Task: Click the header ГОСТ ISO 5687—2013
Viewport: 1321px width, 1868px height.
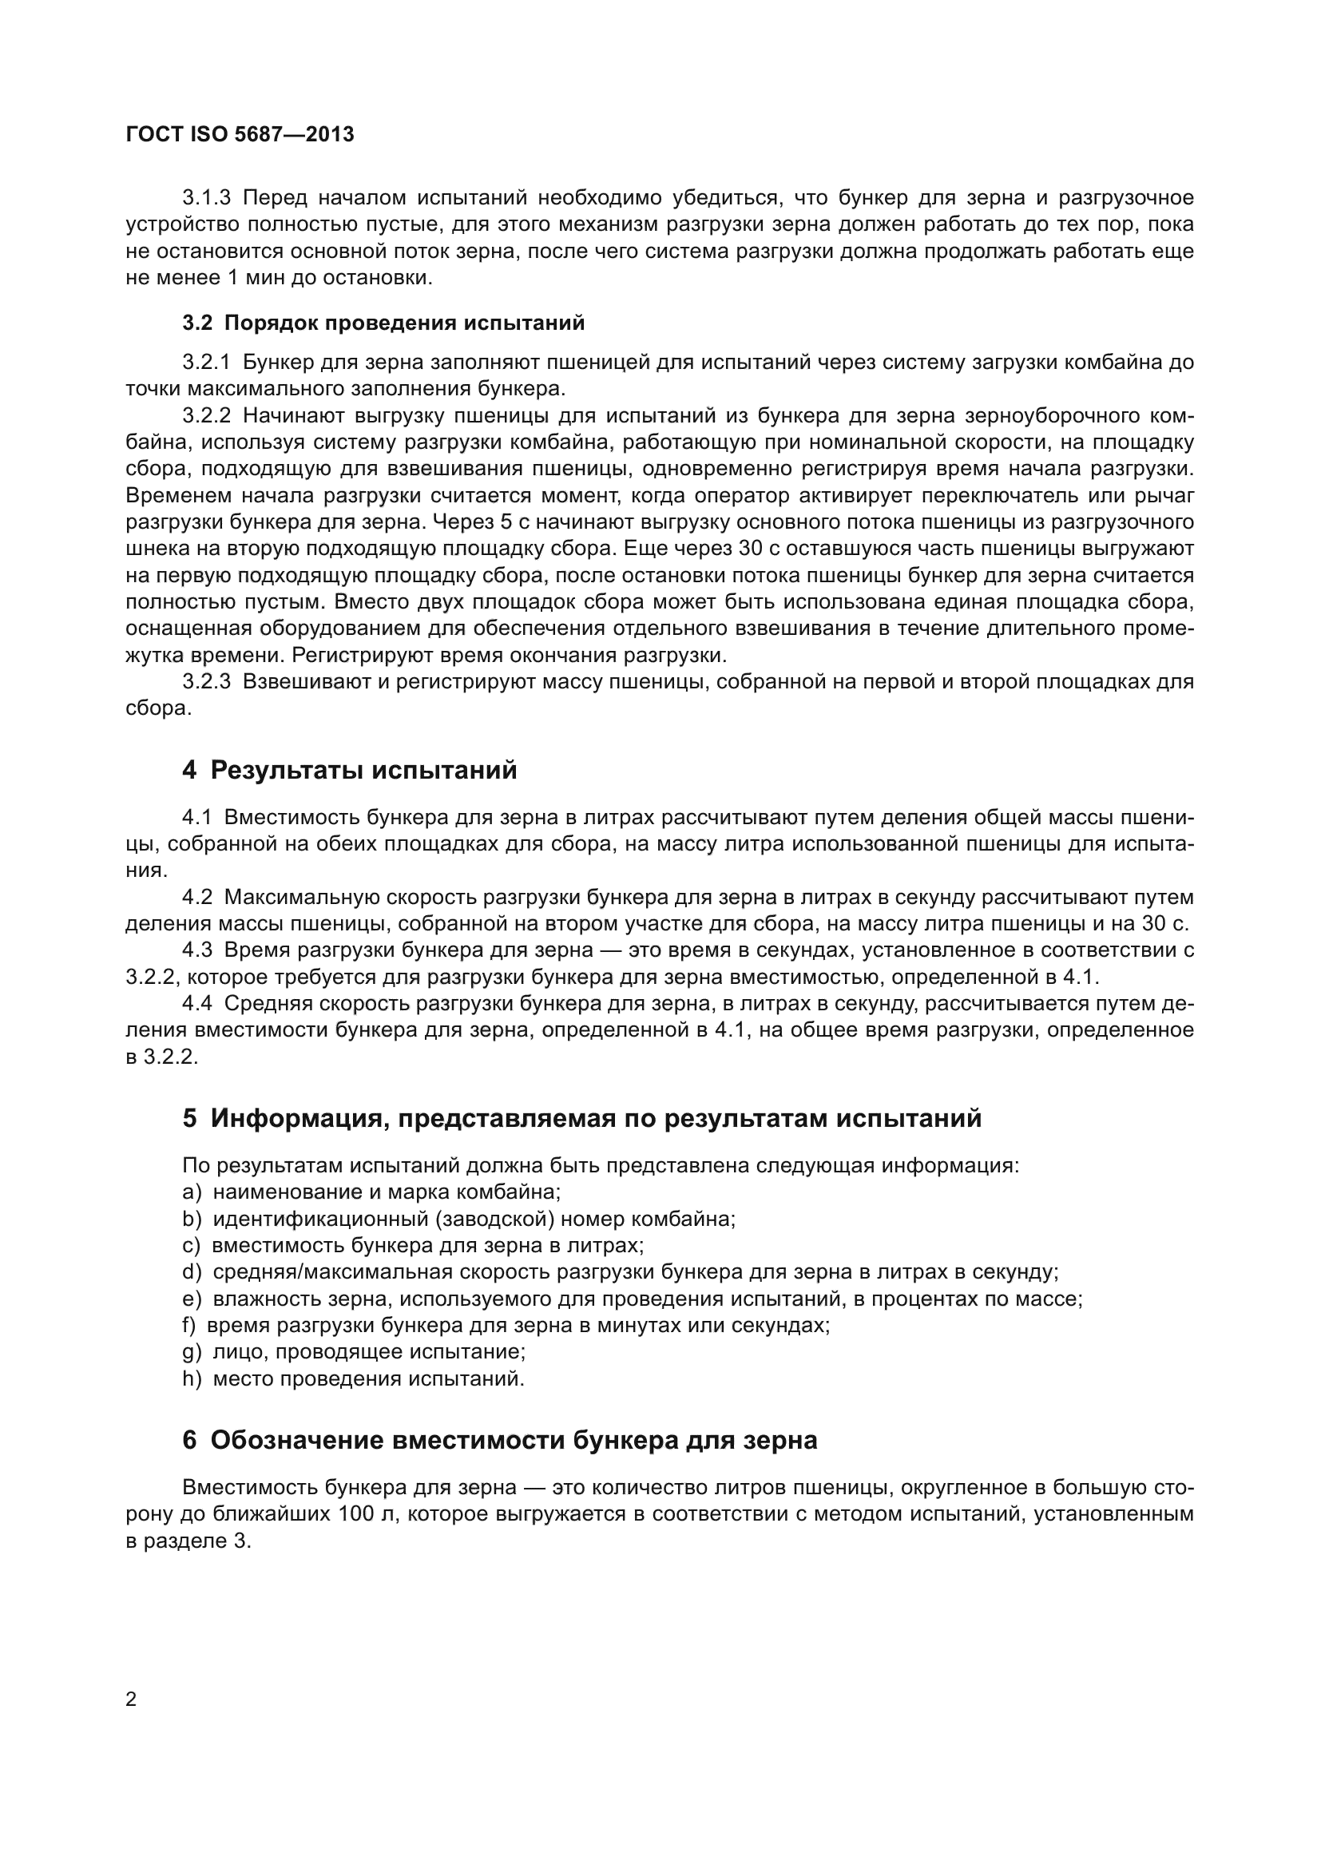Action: tap(240, 135)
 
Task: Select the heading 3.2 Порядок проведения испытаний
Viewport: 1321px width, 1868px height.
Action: tap(383, 323)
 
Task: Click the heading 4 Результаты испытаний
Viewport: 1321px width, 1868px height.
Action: tap(349, 770)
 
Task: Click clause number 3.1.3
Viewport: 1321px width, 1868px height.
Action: tap(207, 198)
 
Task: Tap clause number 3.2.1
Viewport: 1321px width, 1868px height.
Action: tap(207, 362)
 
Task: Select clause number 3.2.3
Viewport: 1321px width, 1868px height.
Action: tap(207, 682)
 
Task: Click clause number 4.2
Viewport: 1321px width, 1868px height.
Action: tap(196, 898)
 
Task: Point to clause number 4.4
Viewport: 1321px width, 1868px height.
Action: tap(196, 1004)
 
